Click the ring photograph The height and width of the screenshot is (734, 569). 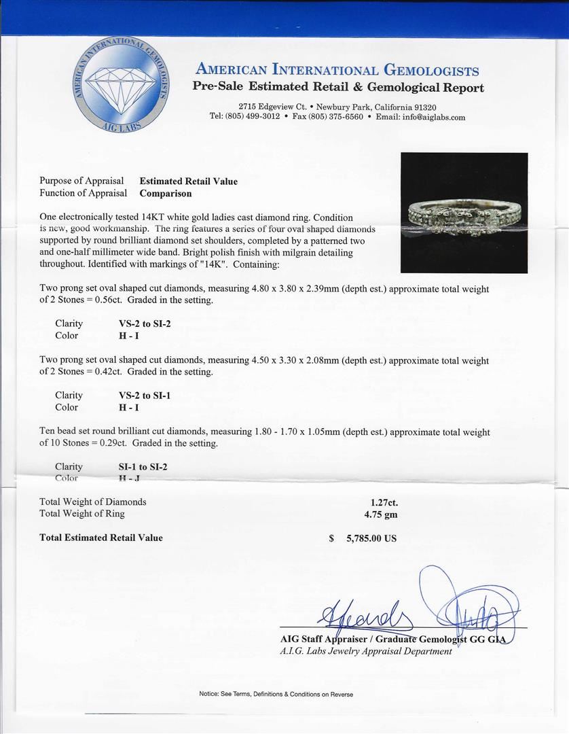pyautogui.click(x=464, y=213)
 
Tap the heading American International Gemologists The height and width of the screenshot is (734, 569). pyautogui.click(x=337, y=71)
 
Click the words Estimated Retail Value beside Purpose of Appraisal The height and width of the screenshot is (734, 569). pyautogui.click(x=188, y=181)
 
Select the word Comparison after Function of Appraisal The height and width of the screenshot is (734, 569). pyautogui.click(x=166, y=193)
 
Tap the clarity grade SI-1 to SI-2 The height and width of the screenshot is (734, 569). pyautogui.click(x=143, y=467)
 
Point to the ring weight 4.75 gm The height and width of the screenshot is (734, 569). pyautogui.click(x=381, y=514)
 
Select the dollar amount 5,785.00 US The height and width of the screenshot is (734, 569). pyautogui.click(x=371, y=538)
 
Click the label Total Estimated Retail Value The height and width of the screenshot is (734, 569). pyautogui.click(x=101, y=538)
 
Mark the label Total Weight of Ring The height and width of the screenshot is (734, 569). pyautogui.click(x=82, y=514)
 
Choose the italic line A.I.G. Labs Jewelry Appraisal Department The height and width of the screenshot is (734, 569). pyautogui.click(x=365, y=651)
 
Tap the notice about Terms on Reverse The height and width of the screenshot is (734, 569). pyautogui.click(x=276, y=694)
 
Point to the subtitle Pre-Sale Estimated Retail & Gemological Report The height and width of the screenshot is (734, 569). pyautogui.click(x=338, y=87)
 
